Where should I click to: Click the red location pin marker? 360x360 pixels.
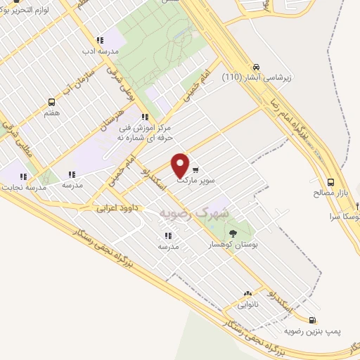(181, 165)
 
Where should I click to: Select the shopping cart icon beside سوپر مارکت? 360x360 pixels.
(195, 169)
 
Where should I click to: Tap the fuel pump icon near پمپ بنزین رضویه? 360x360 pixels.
(311, 320)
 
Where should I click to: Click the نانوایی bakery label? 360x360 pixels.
(247, 305)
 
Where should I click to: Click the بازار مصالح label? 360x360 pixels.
(330, 191)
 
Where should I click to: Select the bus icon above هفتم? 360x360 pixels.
(51, 103)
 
